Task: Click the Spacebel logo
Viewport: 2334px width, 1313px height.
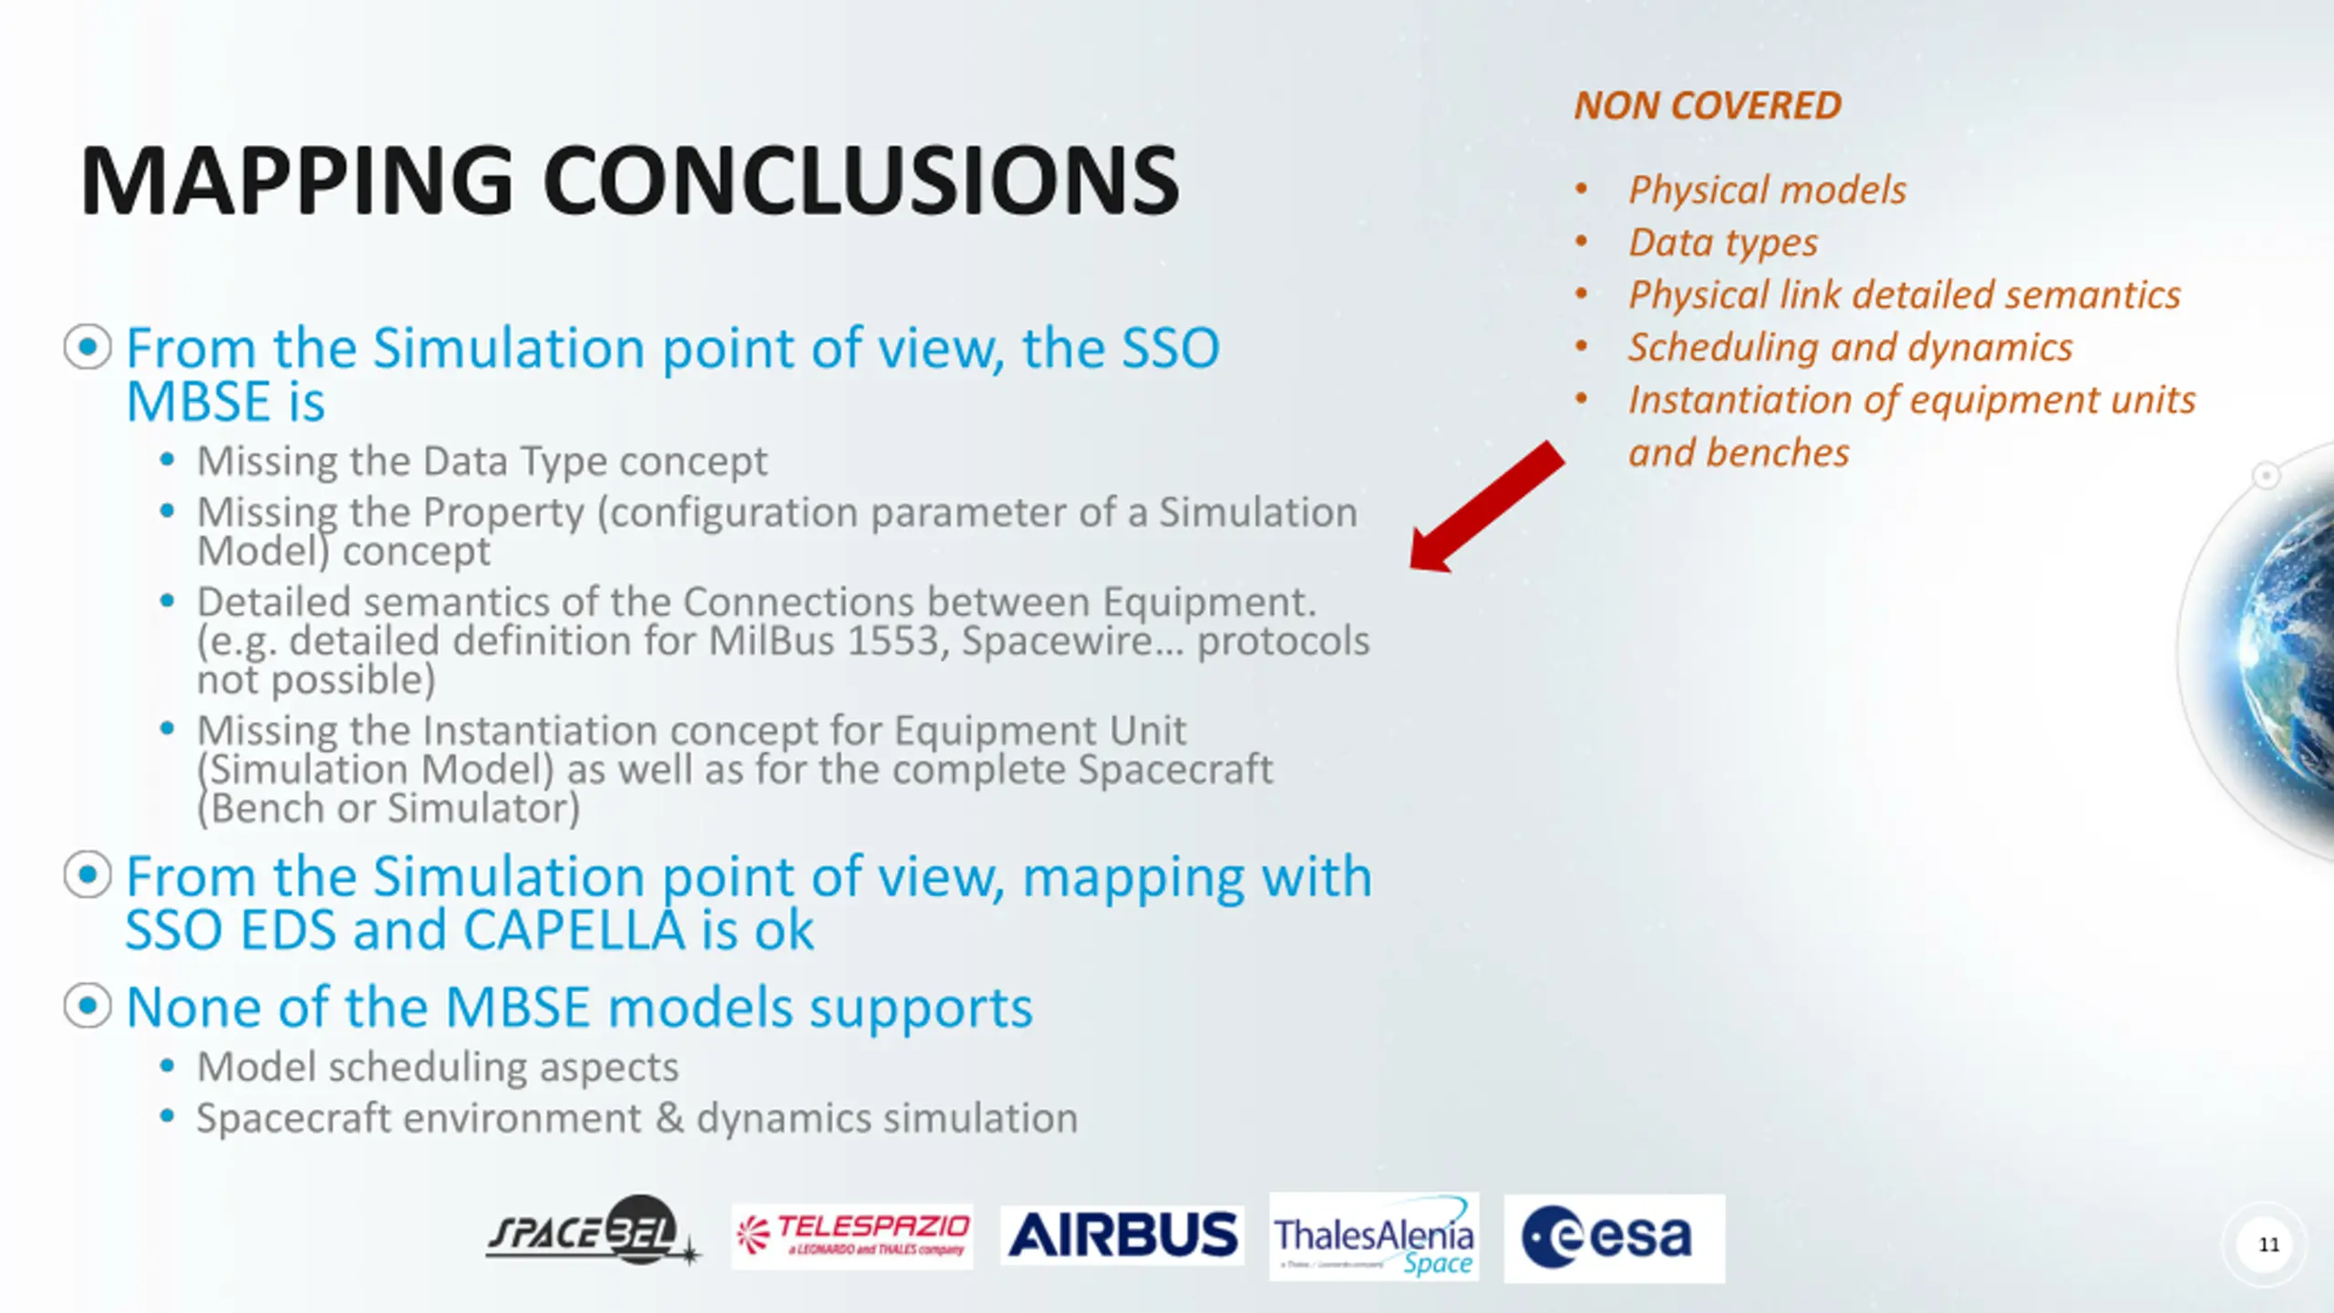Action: pyautogui.click(x=593, y=1231)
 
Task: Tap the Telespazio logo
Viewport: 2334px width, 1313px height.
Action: pyautogui.click(x=852, y=1236)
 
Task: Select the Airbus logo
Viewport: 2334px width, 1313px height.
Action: pyautogui.click(x=1122, y=1235)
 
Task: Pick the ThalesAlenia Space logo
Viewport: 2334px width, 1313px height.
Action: pyautogui.click(x=1374, y=1236)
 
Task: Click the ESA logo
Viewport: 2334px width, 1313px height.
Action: pyautogui.click(x=1614, y=1238)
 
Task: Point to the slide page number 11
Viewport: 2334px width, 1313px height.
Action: pyautogui.click(x=2268, y=1245)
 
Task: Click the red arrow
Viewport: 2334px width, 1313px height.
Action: pyautogui.click(x=1487, y=507)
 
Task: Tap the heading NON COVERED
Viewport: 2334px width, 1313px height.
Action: pyautogui.click(x=1708, y=106)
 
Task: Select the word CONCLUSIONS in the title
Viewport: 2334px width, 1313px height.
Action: pyautogui.click(x=861, y=181)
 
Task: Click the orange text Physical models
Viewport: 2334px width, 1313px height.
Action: pyautogui.click(x=1767, y=190)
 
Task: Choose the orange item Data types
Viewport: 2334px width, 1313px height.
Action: pyautogui.click(x=1723, y=243)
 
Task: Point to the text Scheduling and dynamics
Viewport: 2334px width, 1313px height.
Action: pyautogui.click(x=1851, y=347)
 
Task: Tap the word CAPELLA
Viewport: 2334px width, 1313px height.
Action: pyautogui.click(x=573, y=930)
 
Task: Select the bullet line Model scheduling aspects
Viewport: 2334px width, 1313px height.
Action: pyautogui.click(x=438, y=1068)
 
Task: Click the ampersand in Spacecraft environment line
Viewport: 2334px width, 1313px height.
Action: pyautogui.click(x=669, y=1119)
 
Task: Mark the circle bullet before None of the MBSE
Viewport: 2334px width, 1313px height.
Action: pyautogui.click(x=88, y=1006)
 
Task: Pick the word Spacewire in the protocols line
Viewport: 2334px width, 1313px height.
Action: pyautogui.click(x=1058, y=641)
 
